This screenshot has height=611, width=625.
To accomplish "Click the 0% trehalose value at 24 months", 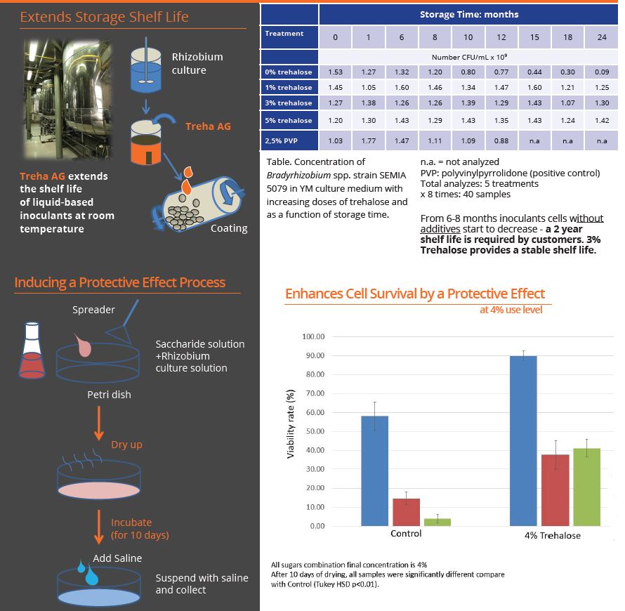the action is click(602, 72).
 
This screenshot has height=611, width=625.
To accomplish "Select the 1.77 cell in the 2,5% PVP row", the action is click(368, 140).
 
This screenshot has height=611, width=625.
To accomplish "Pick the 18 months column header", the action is click(567, 37).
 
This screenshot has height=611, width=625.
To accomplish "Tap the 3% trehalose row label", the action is click(289, 103).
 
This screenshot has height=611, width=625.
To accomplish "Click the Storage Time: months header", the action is click(469, 15).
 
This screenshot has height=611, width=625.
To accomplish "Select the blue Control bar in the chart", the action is click(375, 471).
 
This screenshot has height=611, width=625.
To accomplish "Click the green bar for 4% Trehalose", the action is click(587, 487).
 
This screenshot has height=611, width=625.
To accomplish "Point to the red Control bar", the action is click(406, 512).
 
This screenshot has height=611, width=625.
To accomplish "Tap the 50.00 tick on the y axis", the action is click(315, 431).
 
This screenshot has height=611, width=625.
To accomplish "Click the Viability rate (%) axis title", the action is click(291, 424).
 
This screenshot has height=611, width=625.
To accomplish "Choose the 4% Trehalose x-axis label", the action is click(553, 535).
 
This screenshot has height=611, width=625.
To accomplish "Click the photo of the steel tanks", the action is click(67, 99).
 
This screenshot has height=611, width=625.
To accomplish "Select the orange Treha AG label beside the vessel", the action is click(208, 126).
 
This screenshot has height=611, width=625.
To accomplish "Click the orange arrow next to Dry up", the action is click(99, 423).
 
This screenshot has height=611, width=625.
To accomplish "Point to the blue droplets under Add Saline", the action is click(88, 573).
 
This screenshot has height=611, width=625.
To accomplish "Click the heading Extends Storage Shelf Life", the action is click(105, 17).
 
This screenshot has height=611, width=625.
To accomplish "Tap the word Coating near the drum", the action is click(229, 228).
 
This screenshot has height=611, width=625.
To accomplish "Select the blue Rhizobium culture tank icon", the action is click(146, 66).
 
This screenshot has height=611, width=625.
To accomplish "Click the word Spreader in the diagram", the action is click(93, 310).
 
